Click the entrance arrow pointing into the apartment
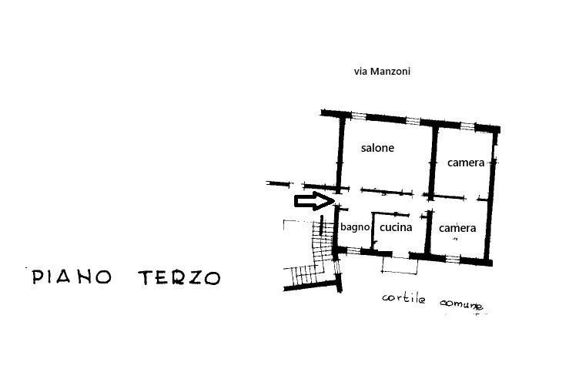point(314,201)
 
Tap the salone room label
point(377,148)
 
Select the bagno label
point(355,227)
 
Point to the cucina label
point(396,227)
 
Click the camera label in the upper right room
point(466,163)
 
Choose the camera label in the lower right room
point(457,228)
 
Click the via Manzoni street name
point(382,72)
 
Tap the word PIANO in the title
point(72,277)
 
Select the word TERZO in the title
point(179,277)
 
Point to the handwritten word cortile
point(403,298)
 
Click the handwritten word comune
point(461,304)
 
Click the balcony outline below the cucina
point(400,265)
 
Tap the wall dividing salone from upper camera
point(433,162)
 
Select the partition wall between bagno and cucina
point(373,231)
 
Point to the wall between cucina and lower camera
point(428,233)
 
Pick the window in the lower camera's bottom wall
point(453,259)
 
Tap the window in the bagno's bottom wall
point(353,251)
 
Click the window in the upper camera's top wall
point(467,126)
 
